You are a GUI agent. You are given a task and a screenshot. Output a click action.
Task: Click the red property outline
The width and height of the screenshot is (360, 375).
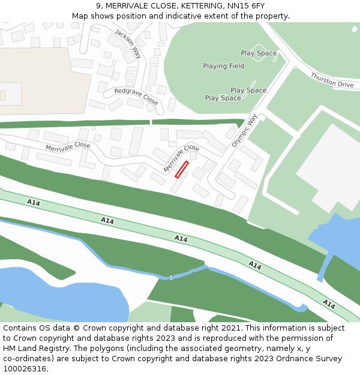tap(182, 169)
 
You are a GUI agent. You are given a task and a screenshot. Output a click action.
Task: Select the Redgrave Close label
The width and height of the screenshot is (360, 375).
tap(136, 96)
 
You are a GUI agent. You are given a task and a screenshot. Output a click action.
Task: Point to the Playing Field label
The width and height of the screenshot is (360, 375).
tap(223, 66)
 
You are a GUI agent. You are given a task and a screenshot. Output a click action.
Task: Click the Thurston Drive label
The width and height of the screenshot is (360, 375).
tap(332, 80)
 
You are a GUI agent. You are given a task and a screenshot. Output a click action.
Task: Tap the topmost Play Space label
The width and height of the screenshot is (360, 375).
tap(259, 53)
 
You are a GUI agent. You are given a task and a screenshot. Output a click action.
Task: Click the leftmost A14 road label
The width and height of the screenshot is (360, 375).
tap(34, 203)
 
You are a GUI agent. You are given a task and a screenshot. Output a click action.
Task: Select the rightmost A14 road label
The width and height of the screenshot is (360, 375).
tap(329, 304)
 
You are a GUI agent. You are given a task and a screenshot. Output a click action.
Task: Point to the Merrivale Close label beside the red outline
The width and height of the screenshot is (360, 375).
tap(181, 158)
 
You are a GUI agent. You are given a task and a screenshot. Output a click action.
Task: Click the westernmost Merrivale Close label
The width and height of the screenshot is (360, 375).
tap(68, 146)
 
